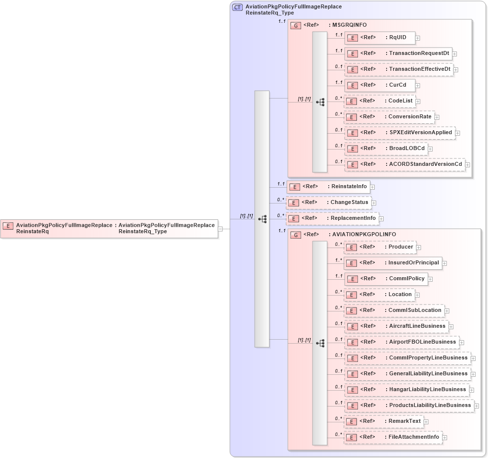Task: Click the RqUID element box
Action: [379, 38]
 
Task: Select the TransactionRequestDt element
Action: [398, 53]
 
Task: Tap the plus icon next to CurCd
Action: [418, 86]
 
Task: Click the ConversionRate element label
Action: [410, 117]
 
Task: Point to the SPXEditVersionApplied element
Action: [399, 133]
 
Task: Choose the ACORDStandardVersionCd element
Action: [404, 164]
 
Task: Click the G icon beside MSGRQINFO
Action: [296, 25]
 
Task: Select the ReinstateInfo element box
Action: [328, 187]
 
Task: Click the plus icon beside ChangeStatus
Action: [374, 203]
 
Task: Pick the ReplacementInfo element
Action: [332, 218]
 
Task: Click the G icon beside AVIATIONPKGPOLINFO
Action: [296, 235]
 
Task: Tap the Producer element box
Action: [379, 247]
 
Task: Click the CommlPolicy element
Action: [386, 279]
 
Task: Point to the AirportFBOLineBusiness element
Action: [401, 342]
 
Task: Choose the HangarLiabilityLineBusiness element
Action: [406, 390]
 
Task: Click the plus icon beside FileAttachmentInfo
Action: [445, 438]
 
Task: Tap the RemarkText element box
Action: [383, 421]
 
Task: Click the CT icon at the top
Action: [237, 7]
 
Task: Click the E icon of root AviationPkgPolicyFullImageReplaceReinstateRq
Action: [8, 226]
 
